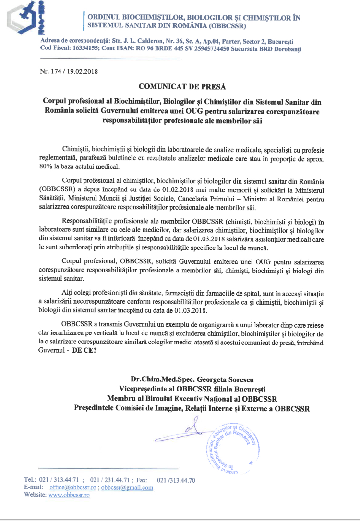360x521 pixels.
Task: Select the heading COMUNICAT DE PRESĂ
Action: [x=179, y=86]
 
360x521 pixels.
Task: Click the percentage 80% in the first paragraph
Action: [x=47, y=166]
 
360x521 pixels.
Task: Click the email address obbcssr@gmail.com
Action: [x=127, y=487]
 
